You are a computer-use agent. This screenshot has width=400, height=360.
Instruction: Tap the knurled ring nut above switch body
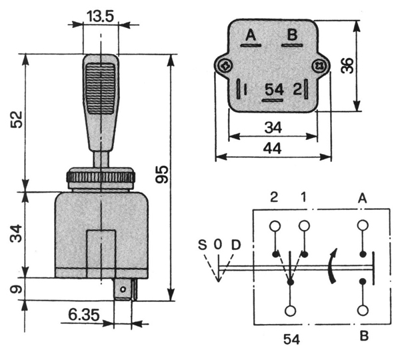(101, 178)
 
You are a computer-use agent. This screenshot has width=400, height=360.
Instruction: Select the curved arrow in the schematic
(331, 266)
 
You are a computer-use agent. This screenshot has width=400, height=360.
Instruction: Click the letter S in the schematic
(202, 244)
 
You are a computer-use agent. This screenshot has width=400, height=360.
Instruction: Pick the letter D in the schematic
(234, 244)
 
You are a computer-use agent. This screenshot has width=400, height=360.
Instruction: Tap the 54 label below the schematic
(291, 339)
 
